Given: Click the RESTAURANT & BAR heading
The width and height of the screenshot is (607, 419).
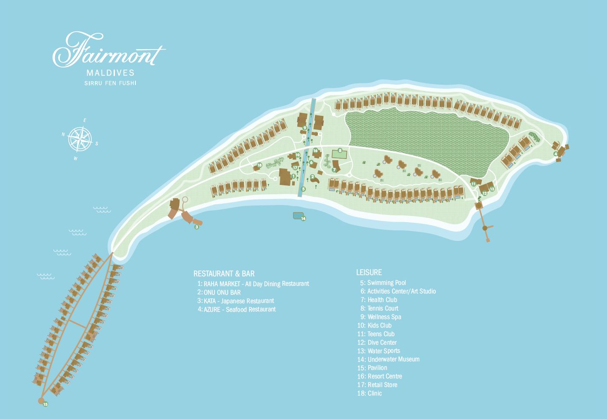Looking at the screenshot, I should (x=224, y=274).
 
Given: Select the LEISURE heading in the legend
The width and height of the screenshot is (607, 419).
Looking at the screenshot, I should (x=369, y=272).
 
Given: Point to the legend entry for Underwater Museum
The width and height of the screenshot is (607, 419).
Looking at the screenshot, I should (x=389, y=359).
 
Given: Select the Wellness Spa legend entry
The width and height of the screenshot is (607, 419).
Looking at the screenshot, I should (x=380, y=316).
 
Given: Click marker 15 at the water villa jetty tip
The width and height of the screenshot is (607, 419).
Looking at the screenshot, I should (x=46, y=404).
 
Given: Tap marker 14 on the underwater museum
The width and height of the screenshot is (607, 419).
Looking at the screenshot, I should (x=303, y=218).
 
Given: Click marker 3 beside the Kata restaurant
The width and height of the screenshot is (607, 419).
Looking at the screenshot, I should (x=197, y=227).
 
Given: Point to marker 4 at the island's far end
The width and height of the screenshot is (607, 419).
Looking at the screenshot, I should (x=556, y=154).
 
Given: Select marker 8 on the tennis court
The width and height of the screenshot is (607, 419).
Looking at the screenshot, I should (x=340, y=150).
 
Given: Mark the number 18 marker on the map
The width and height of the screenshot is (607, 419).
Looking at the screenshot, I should (x=259, y=165).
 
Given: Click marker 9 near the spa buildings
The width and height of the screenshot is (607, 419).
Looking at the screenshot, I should (x=305, y=127).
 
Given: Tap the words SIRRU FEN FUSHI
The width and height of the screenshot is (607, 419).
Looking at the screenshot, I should (x=110, y=83).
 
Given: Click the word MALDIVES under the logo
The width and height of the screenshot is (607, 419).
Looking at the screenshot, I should (x=110, y=73).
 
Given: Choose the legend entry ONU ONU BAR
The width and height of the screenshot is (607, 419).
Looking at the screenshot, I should (x=219, y=292).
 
